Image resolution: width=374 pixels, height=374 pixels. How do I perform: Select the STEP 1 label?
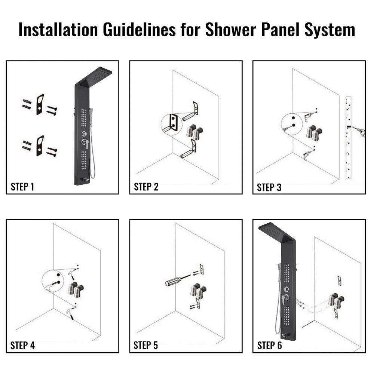22,187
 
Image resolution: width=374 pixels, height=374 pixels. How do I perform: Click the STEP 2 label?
146,187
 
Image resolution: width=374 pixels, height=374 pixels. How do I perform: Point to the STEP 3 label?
269,187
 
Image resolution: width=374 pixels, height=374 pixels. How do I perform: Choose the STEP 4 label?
22,345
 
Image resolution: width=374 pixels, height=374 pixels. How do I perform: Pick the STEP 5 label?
146,345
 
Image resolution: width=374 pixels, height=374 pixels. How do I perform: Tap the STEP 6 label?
269,346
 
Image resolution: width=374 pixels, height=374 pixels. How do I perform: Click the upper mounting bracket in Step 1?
40,104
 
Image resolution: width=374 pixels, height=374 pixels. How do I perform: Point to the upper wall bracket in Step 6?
339,280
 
